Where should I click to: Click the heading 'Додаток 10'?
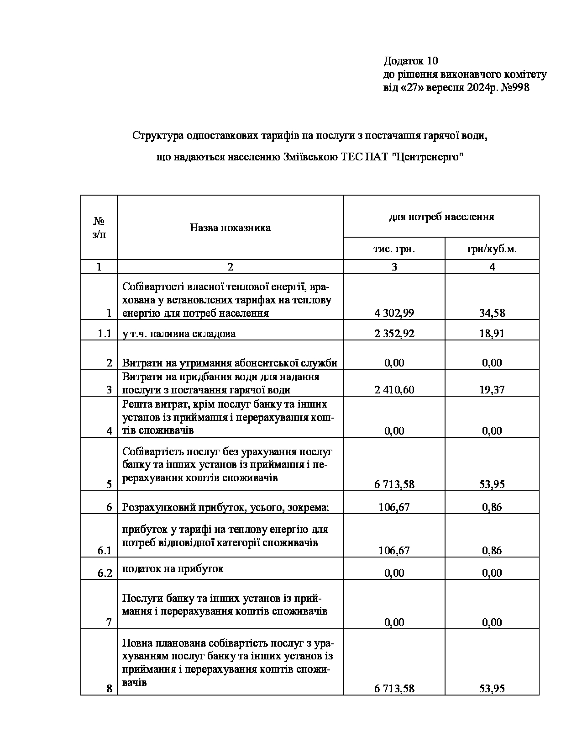pyautogui.click(x=410, y=61)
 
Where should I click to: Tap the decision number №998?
pyautogui.click(x=515, y=88)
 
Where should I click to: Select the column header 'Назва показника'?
pyautogui.click(x=230, y=228)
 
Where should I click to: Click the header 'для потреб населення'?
pyautogui.click(x=441, y=217)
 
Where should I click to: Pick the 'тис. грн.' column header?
pyautogui.click(x=394, y=249)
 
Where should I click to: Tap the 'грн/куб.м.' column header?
pyautogui.click(x=492, y=249)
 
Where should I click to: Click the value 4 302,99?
pyautogui.click(x=394, y=313)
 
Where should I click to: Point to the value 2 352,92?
pyautogui.click(x=394, y=334)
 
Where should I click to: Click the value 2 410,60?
pyautogui.click(x=394, y=390)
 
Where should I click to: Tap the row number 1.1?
pyautogui.click(x=105, y=334)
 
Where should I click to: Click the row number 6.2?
pyautogui.click(x=105, y=573)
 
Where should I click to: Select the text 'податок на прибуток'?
pyautogui.click(x=173, y=568)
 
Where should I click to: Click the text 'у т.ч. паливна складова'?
pyautogui.click(x=178, y=334)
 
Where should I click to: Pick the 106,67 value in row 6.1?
pyautogui.click(x=394, y=551)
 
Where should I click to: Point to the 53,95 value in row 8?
pyautogui.click(x=492, y=689)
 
